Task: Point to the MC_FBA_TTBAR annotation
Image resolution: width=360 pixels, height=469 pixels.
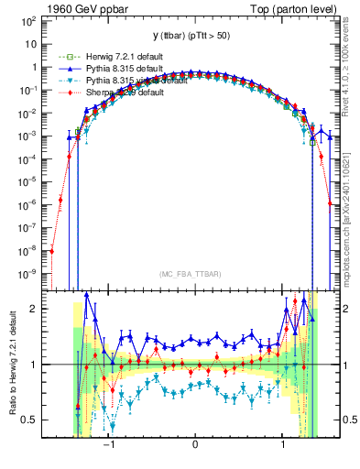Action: (194, 273)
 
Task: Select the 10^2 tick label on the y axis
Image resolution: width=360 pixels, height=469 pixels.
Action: (30, 19)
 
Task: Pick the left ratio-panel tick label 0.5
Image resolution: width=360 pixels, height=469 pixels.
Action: (33, 420)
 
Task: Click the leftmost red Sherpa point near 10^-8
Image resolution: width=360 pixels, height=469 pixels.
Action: (52, 250)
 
